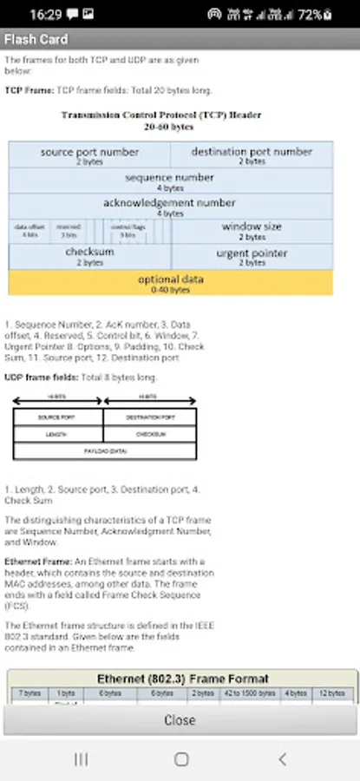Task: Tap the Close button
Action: [180, 719]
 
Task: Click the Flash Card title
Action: [36, 39]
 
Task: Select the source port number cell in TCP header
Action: [89, 155]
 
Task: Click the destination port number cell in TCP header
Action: [252, 155]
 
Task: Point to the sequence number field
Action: [170, 180]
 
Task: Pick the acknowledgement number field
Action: [170, 206]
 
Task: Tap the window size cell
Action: [252, 230]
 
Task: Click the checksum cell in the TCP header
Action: [89, 255]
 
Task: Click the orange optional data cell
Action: [170, 282]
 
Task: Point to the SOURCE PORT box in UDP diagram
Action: [57, 417]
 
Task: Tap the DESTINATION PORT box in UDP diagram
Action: [149, 417]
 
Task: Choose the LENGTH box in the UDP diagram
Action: [57, 434]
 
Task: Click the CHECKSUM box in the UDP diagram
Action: [149, 434]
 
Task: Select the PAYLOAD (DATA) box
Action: [104, 450]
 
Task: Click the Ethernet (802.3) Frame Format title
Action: [182, 679]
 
